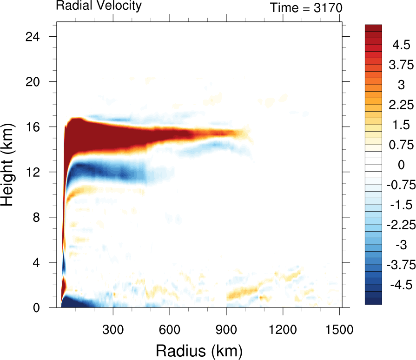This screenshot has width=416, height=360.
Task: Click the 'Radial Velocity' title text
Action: point(99,6)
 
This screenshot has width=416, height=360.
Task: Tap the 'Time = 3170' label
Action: point(306,8)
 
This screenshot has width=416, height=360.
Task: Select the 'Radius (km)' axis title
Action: point(199,350)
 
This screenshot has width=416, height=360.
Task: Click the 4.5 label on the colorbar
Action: point(401,45)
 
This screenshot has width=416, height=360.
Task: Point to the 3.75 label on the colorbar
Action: point(401,65)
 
